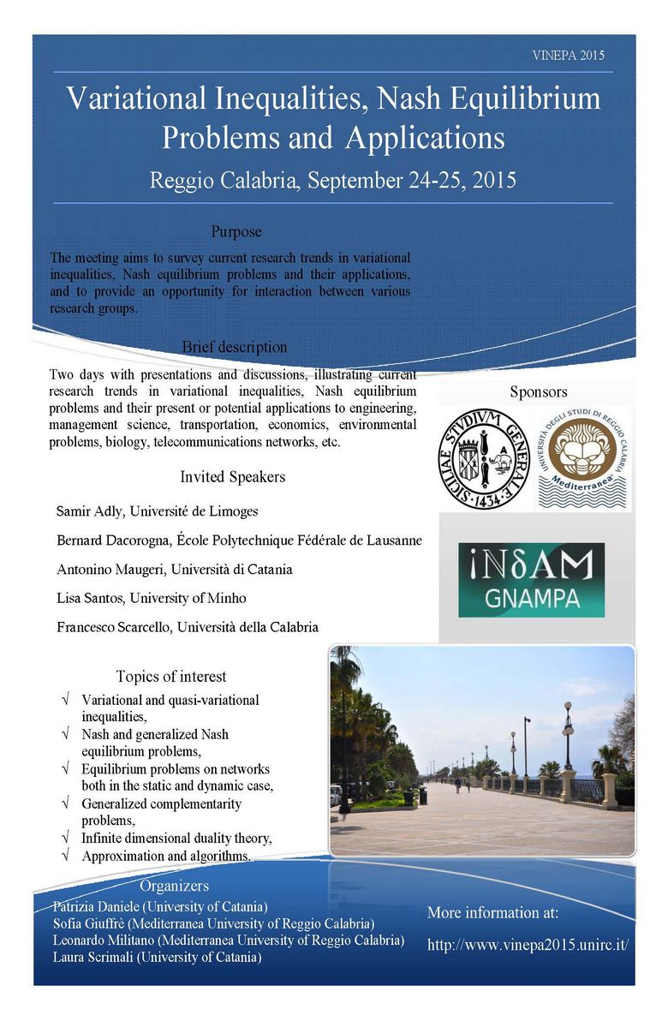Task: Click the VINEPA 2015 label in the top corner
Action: pyautogui.click(x=568, y=55)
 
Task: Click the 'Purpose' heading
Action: pyautogui.click(x=236, y=232)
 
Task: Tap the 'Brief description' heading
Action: pyautogui.click(x=235, y=348)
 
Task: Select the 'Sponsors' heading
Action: pyautogui.click(x=539, y=392)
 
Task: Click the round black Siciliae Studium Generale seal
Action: pyautogui.click(x=485, y=459)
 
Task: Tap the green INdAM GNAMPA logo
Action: pyautogui.click(x=531, y=579)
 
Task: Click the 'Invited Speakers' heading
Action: pyautogui.click(x=233, y=477)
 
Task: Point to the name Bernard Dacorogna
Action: pyautogui.click(x=120, y=540)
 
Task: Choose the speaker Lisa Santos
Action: pyautogui.click(x=90, y=598)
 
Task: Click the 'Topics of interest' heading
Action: pyautogui.click(x=171, y=677)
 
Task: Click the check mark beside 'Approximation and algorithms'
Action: pyautogui.click(x=66, y=856)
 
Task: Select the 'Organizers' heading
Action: pyautogui.click(x=174, y=887)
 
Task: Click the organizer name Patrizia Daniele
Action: pyautogui.click(x=89, y=906)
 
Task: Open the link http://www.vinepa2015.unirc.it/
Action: pyautogui.click(x=528, y=945)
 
